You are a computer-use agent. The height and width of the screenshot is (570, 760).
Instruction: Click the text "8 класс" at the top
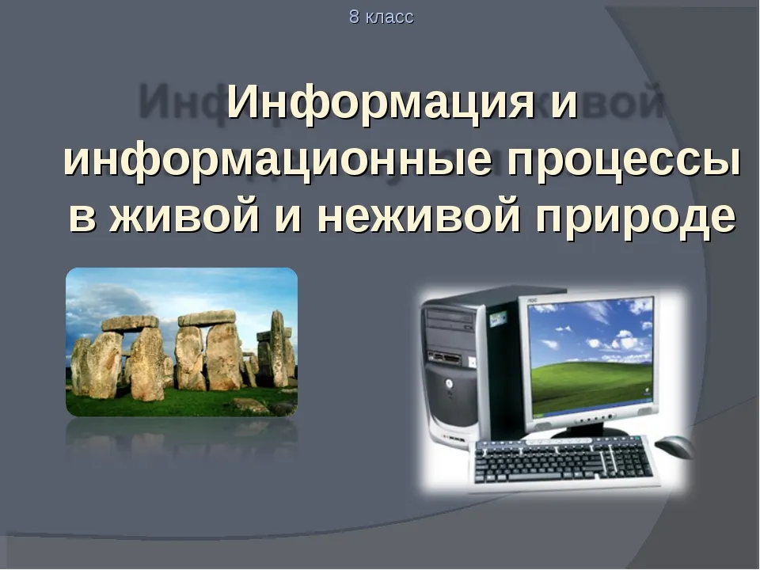pyautogui.click(x=382, y=17)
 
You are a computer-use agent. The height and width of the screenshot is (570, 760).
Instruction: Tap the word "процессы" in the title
pyautogui.click(x=624, y=161)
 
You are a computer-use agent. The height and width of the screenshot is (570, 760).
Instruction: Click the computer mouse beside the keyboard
pyautogui.click(x=674, y=446)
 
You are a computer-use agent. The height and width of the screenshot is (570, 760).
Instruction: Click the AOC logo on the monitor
pyautogui.click(x=533, y=301)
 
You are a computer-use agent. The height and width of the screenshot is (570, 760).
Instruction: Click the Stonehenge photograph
pyautogui.click(x=182, y=342)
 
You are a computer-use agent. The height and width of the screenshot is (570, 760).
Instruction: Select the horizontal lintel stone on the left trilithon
pyautogui.click(x=130, y=323)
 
